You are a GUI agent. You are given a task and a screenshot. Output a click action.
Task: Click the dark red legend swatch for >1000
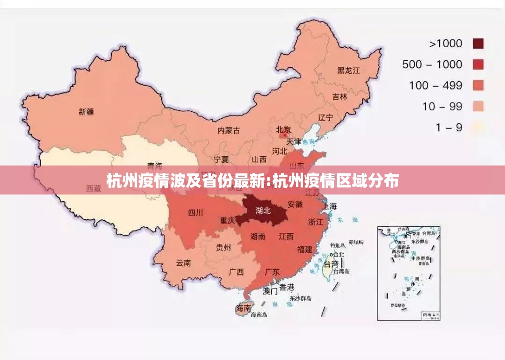[x=477, y=43]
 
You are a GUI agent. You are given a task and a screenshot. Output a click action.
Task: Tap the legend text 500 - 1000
[x=432, y=65]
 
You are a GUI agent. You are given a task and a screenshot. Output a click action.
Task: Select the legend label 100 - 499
[x=435, y=86]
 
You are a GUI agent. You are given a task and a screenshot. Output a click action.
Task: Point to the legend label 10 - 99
[x=442, y=107]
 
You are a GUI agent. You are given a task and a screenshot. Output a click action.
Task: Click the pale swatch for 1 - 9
[x=477, y=127]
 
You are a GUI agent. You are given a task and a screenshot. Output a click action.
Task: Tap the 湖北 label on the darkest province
[x=263, y=210]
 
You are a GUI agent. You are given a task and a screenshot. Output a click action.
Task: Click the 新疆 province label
[x=86, y=112]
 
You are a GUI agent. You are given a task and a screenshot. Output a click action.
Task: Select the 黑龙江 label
[x=348, y=71]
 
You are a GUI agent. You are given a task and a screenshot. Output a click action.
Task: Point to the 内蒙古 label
[x=229, y=130]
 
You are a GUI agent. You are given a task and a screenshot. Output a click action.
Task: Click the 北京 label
[x=283, y=130]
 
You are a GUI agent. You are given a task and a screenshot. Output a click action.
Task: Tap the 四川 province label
[x=195, y=213]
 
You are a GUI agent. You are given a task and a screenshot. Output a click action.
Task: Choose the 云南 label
[x=183, y=263]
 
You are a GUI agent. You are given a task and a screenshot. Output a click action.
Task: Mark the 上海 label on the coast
[x=329, y=206]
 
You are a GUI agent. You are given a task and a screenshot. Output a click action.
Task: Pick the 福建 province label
[x=304, y=250]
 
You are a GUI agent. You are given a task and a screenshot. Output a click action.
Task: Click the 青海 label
[x=155, y=166]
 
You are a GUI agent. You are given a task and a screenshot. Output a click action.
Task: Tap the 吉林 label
[x=340, y=97]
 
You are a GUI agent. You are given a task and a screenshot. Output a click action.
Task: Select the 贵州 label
[x=223, y=247]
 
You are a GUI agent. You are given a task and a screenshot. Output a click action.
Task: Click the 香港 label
[x=287, y=287]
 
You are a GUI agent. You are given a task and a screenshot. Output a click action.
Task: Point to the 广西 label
[x=236, y=272]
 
